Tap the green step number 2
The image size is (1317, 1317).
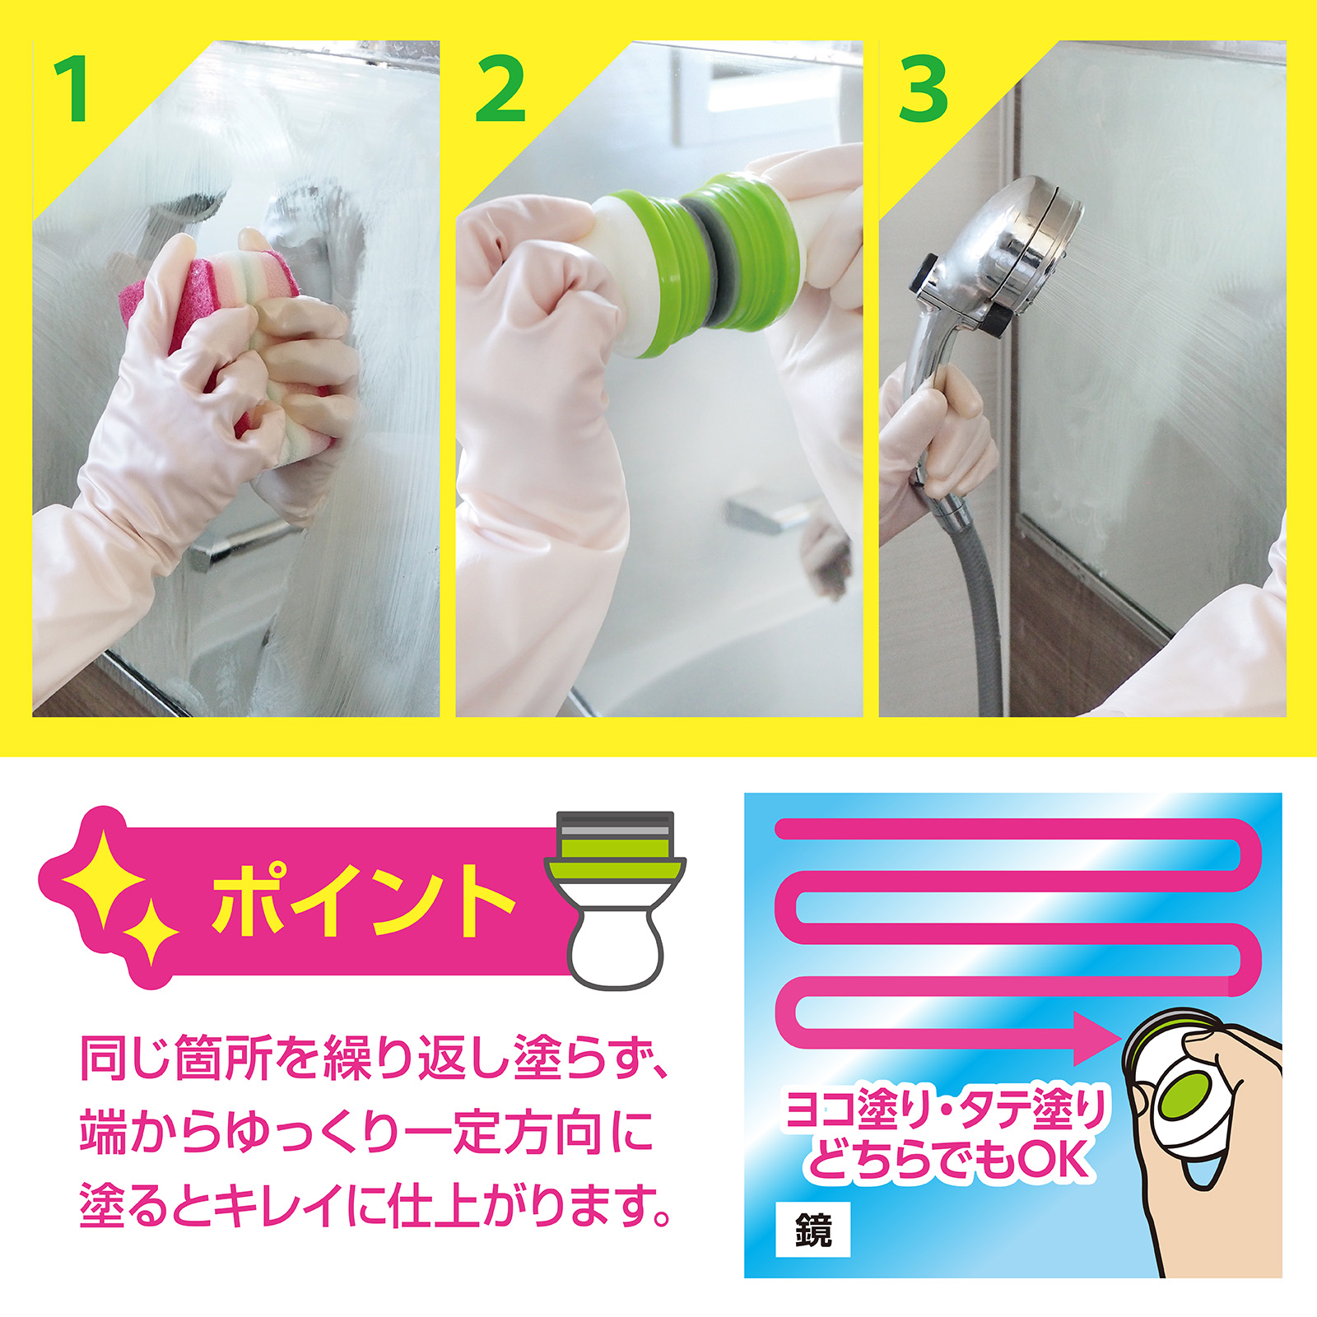(500, 89)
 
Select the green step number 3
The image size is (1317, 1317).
(923, 89)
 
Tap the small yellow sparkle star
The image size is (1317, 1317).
(151, 934)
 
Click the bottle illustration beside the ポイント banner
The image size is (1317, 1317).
(615, 900)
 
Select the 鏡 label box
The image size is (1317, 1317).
(813, 1231)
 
